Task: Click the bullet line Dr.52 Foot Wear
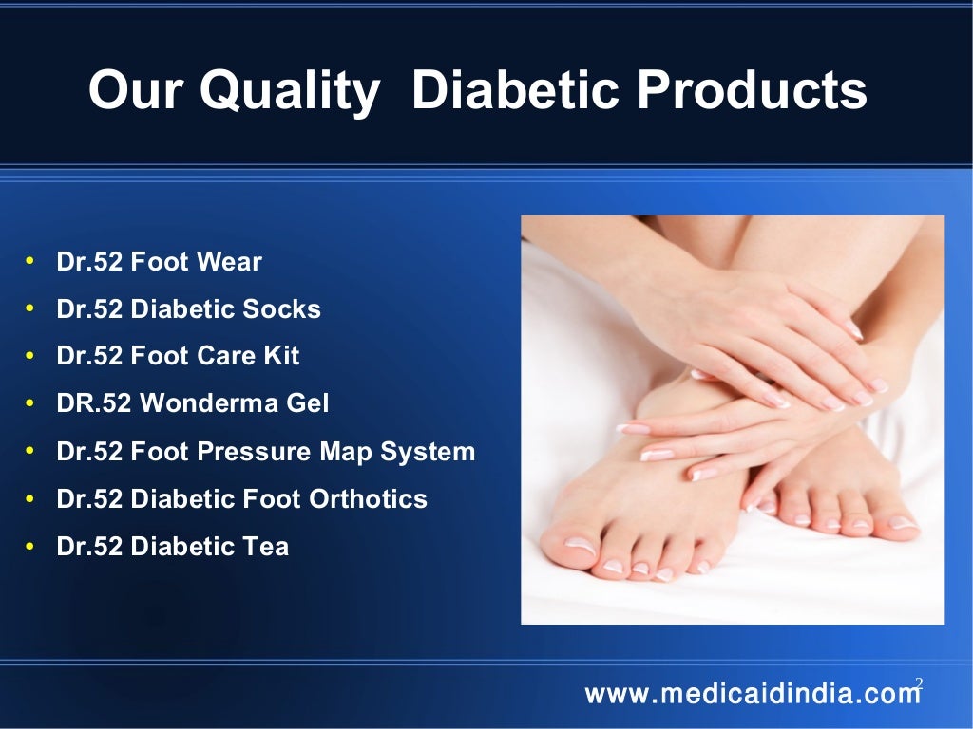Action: [159, 262]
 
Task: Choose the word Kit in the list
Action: [282, 356]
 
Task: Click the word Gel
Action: [307, 404]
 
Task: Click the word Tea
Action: [268, 547]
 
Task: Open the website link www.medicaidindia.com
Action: [753, 694]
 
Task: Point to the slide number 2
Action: [919, 682]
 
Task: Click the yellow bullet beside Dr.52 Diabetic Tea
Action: [30, 546]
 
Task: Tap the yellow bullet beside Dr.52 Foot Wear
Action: [30, 261]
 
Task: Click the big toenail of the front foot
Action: [581, 546]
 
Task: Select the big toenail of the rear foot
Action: [902, 522]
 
